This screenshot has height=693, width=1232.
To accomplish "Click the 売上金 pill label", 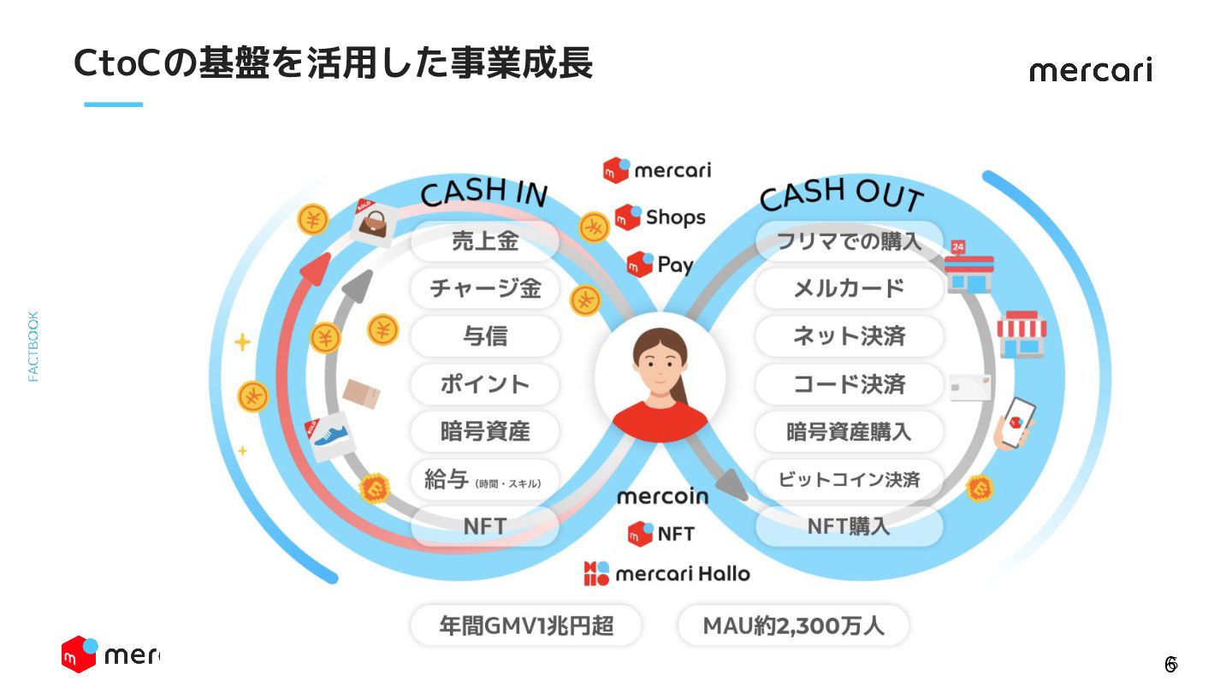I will (484, 242).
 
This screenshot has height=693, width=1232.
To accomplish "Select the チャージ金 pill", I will (484, 288).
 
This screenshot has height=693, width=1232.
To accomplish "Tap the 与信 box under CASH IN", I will (484, 336).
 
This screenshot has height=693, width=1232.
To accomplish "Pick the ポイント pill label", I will (484, 384).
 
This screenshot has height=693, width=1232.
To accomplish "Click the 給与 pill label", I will (484, 480).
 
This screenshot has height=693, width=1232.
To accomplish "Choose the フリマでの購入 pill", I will (849, 242).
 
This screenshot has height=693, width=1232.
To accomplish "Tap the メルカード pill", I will (849, 288).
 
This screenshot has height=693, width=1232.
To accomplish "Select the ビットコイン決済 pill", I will (849, 480).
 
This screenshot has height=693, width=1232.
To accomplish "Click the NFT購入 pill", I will (849, 526).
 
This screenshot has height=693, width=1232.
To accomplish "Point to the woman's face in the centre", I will (660, 364).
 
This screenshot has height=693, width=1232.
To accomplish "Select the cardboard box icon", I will (361, 394).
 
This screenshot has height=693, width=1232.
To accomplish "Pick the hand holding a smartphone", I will (1015, 423).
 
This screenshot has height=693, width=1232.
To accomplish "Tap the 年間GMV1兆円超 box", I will (526, 626).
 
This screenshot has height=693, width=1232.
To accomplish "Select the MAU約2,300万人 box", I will (793, 626).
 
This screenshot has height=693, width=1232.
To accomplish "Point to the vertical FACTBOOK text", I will (33, 346).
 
